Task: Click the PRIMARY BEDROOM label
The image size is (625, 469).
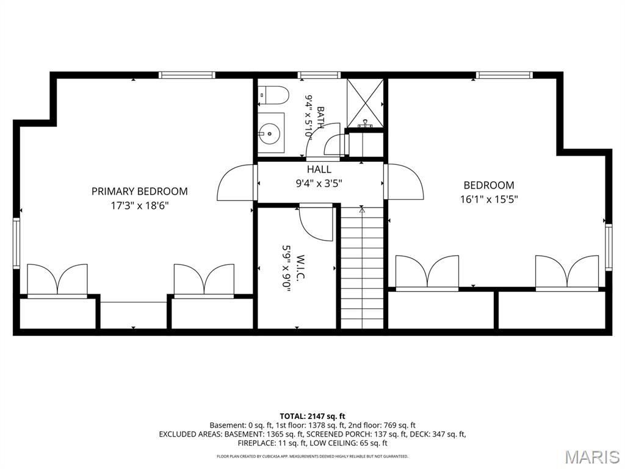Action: click(x=140, y=191)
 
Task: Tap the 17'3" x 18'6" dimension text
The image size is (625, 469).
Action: click(x=140, y=206)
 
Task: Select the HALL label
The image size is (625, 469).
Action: click(x=319, y=169)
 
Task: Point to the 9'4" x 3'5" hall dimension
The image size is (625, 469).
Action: click(x=319, y=183)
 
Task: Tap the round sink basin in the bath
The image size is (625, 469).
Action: click(x=269, y=133)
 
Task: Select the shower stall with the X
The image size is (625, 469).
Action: click(x=365, y=103)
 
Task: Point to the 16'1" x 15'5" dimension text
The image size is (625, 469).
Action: click(x=489, y=199)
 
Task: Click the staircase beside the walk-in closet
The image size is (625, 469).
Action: click(x=361, y=267)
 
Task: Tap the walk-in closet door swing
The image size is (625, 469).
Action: click(x=316, y=222)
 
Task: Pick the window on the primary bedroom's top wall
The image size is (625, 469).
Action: click(x=187, y=75)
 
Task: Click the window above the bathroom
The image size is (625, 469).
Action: click(x=319, y=75)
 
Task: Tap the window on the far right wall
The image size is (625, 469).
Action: click(x=609, y=247)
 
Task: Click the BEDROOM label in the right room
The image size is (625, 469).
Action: click(x=489, y=185)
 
